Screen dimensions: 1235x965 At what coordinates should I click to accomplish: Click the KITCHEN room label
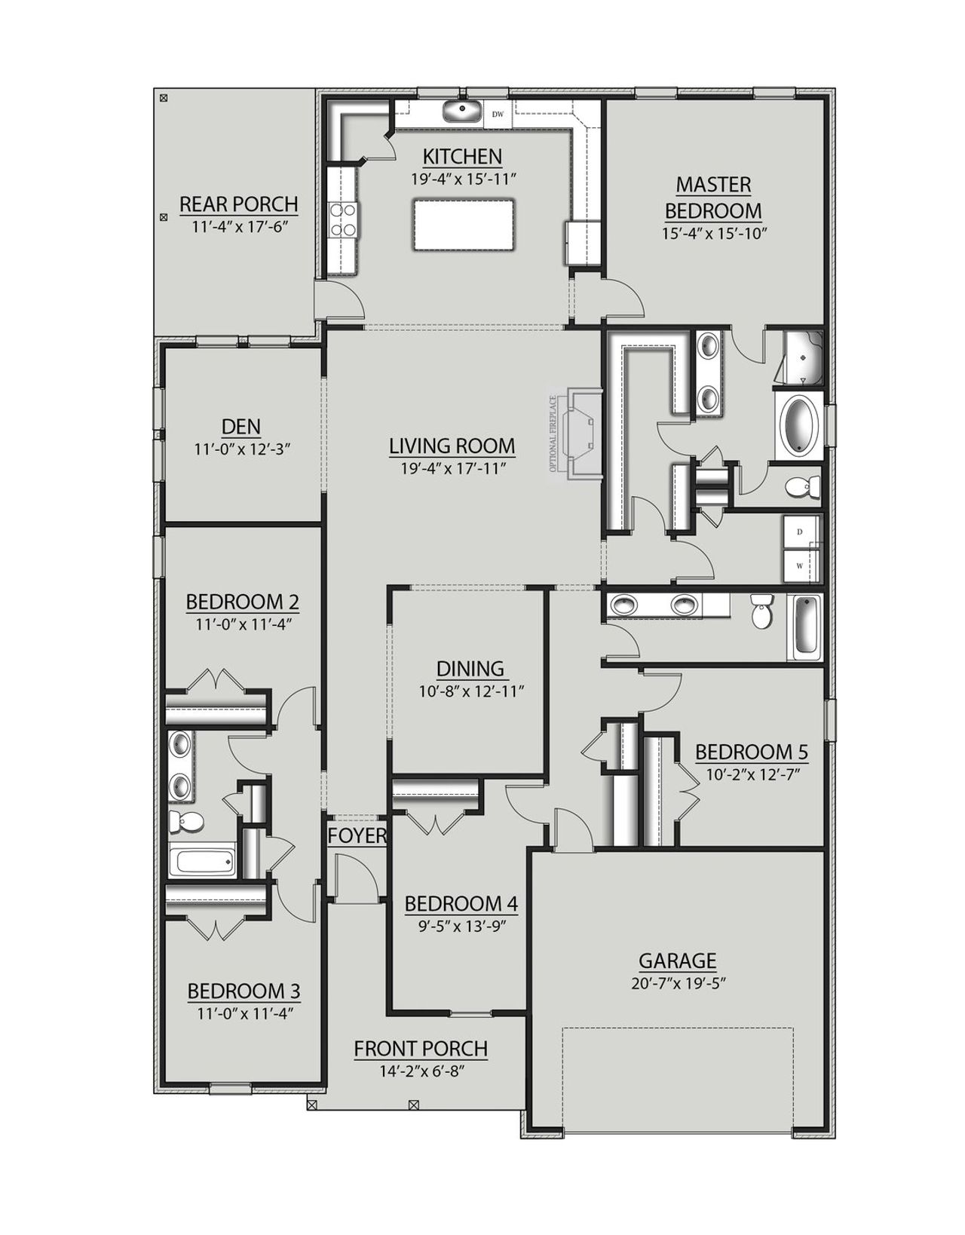[x=462, y=156]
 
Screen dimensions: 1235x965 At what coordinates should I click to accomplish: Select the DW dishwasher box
[x=498, y=115]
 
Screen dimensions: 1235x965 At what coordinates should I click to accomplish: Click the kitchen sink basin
[x=461, y=112]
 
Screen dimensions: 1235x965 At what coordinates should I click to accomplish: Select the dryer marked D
[x=800, y=532]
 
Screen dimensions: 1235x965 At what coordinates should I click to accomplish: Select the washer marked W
[x=800, y=564]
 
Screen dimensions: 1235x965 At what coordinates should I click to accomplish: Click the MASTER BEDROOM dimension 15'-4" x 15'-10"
[x=713, y=233]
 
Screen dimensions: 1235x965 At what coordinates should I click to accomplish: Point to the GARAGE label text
[x=677, y=961]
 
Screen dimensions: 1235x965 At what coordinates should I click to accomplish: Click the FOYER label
[x=357, y=835]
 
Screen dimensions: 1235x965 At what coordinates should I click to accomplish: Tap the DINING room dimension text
[x=470, y=690]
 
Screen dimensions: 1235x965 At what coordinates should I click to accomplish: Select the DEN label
[x=241, y=427]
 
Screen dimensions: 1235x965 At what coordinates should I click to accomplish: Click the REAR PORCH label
[x=238, y=204]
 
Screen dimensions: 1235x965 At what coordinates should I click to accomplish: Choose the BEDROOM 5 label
[x=751, y=752]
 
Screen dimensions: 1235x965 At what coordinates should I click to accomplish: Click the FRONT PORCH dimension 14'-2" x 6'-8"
[x=421, y=1071]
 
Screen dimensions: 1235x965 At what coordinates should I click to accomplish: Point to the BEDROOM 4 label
[x=461, y=903]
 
